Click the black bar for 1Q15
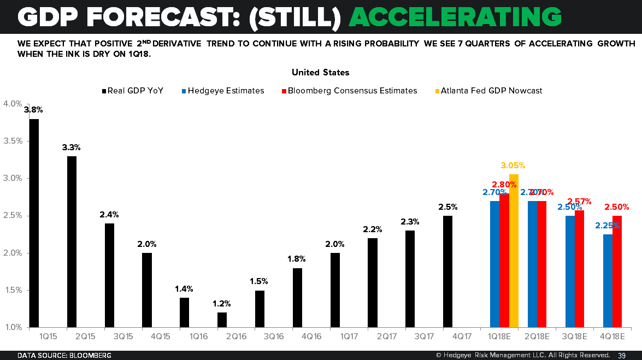point(34,223)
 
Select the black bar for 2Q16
point(222,320)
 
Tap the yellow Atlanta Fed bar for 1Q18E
point(514,251)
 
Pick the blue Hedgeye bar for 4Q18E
point(608,281)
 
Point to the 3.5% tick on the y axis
point(13,141)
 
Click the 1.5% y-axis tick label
point(13,290)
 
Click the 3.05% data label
point(513,166)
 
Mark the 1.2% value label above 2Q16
point(222,304)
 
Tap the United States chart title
point(321,72)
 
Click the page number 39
point(622,356)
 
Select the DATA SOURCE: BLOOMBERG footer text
point(64,356)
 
